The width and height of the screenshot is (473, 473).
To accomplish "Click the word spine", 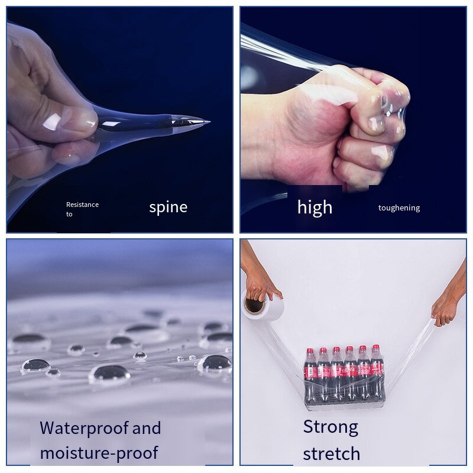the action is click(169, 208).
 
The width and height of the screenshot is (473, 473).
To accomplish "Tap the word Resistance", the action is click(82, 205).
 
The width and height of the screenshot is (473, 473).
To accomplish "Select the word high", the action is click(315, 208).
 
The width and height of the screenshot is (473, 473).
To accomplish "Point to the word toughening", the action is click(399, 208).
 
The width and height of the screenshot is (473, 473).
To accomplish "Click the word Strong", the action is click(331, 427).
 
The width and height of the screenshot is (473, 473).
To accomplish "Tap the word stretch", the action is click(332, 453).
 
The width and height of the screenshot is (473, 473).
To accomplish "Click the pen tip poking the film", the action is click(208, 122).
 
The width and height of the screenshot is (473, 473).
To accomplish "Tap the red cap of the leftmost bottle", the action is click(310, 351).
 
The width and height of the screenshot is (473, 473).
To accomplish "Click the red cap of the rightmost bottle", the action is click(375, 348).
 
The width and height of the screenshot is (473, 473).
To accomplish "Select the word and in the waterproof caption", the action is click(147, 428).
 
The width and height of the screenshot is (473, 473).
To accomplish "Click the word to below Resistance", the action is click(69, 214).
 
